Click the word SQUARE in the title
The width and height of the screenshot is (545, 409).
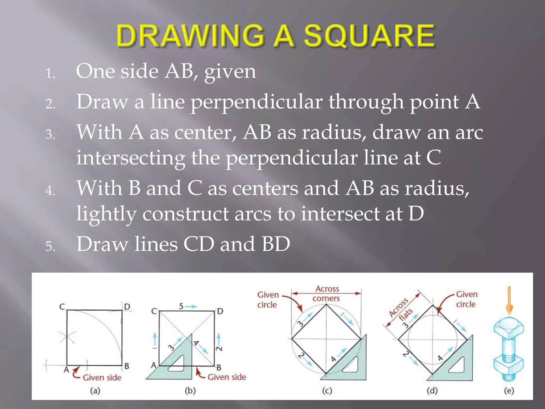pyautogui.click(x=369, y=36)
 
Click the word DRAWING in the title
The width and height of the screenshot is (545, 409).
pyautogui.click(x=191, y=36)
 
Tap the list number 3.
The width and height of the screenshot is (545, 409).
pyautogui.click(x=50, y=134)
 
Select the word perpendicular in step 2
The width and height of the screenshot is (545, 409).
pyautogui.click(x=257, y=103)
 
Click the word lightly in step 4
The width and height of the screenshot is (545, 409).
pyautogui.click(x=106, y=214)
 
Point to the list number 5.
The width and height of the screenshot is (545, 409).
pyautogui.click(x=50, y=246)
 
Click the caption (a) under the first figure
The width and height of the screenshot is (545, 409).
pyautogui.click(x=95, y=391)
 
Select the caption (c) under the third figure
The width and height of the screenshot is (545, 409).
pyautogui.click(x=327, y=391)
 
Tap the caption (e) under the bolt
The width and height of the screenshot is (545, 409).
pyautogui.click(x=509, y=391)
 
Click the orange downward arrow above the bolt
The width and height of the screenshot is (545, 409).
pyautogui.click(x=509, y=300)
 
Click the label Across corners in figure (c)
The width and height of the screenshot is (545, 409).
pyautogui.click(x=327, y=293)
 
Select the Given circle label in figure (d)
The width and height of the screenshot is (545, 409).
pyautogui.click(x=466, y=299)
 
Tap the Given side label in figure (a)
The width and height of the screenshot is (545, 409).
pyautogui.click(x=102, y=378)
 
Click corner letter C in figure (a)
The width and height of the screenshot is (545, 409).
pyautogui.click(x=62, y=307)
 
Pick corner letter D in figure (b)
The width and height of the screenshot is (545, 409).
pyautogui.click(x=220, y=311)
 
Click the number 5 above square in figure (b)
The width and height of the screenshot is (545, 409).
pyautogui.click(x=181, y=306)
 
